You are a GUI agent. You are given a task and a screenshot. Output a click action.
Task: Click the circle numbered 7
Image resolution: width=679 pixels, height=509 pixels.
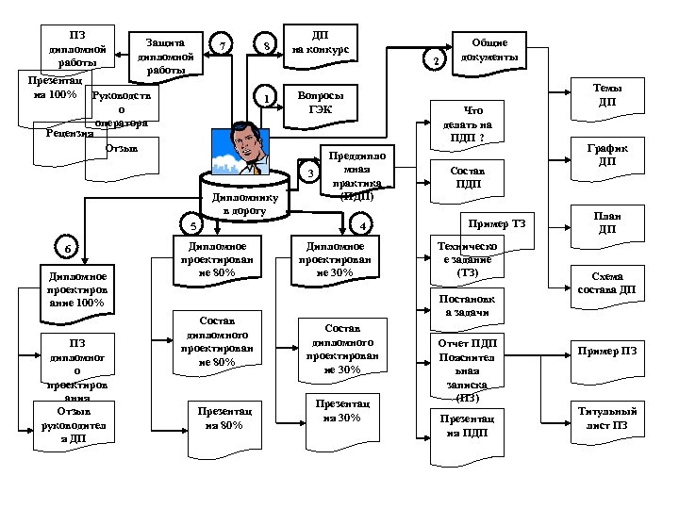[x=222, y=44]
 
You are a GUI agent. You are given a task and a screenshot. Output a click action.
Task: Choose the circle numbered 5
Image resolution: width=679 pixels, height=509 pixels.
[x=193, y=226]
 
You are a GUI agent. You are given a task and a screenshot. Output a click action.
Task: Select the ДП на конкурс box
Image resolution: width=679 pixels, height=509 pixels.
[x=320, y=43]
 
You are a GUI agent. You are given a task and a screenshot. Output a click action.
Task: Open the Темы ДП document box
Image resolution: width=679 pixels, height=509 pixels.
[x=606, y=95]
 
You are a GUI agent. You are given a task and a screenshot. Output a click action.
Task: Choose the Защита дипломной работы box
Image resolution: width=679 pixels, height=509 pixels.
[x=165, y=55]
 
